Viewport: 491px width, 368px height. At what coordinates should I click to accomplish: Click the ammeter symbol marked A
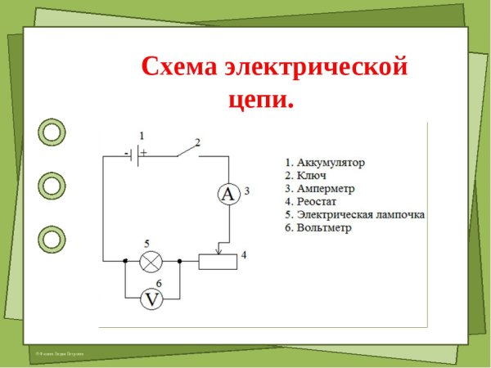click(x=228, y=194)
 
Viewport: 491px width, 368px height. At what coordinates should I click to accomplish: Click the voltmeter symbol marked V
click(x=151, y=299)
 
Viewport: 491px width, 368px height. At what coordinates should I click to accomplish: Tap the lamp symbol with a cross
click(x=151, y=262)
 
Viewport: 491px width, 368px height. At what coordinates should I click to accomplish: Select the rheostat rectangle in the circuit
click(x=218, y=262)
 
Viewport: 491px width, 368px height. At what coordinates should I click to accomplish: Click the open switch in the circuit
click(x=188, y=150)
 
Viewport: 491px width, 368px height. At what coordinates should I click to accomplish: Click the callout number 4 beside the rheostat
click(x=244, y=254)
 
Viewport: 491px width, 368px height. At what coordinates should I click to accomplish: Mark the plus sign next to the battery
click(x=143, y=152)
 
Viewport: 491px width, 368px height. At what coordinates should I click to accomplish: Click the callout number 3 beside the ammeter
click(x=247, y=191)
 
